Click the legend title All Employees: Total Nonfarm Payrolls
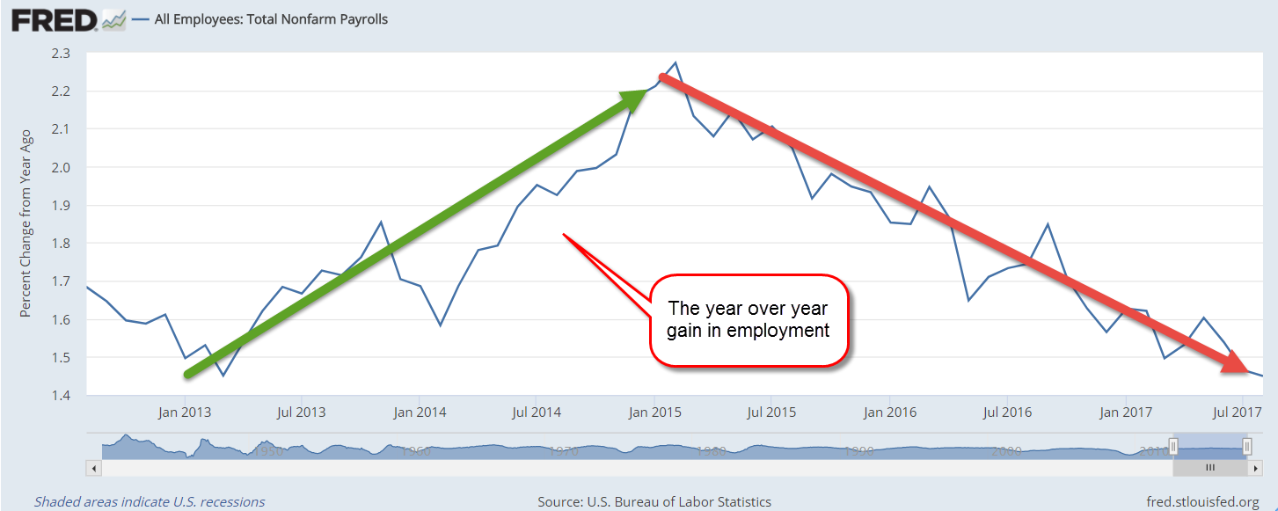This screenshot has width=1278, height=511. tap(271, 19)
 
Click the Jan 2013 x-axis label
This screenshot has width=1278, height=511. tap(184, 412)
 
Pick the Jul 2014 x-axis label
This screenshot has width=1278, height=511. tap(536, 412)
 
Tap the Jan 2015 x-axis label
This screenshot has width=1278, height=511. tap(653, 412)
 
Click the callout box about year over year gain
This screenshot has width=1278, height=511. tap(748, 320)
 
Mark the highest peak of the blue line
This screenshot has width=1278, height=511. tap(675, 63)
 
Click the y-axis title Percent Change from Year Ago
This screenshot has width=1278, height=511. tap(26, 223)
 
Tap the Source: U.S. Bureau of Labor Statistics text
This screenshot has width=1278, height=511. tap(654, 502)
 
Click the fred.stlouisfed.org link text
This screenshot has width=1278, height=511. tap(1203, 502)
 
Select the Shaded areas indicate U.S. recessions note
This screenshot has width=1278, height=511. tap(150, 502)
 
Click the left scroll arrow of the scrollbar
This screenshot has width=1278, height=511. tap(91, 467)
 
